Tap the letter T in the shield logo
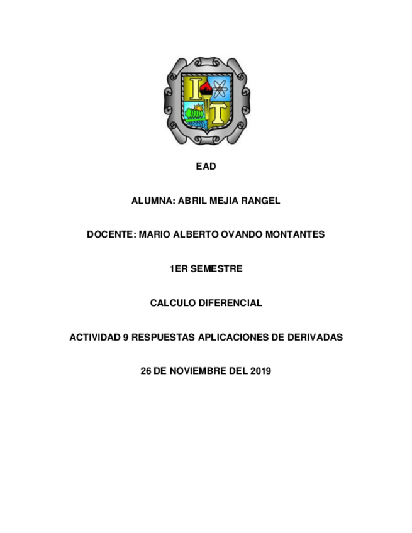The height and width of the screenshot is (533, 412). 218,114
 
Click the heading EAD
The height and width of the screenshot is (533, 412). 206,167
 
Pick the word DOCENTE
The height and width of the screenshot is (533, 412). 111,234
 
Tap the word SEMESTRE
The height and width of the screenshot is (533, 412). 216,268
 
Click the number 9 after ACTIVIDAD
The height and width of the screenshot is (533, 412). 126,337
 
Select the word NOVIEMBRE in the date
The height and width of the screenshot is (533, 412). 198,371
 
